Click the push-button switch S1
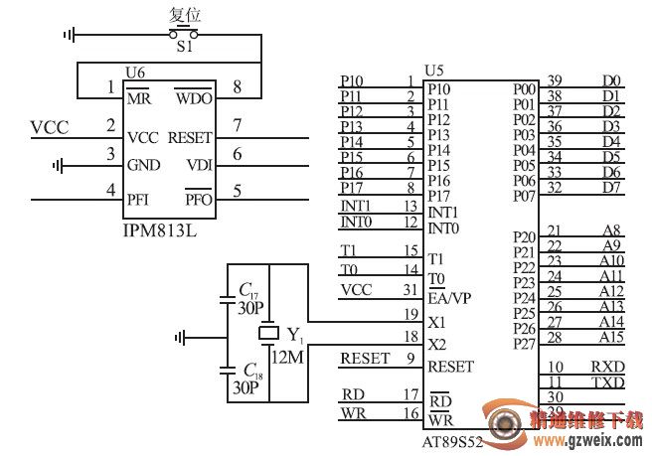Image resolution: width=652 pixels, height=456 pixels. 183,33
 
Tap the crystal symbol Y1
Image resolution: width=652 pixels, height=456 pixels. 269,333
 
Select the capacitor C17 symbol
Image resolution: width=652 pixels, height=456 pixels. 227,299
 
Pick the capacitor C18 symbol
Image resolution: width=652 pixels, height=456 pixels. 227,370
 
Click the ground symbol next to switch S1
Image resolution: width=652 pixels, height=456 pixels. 70,35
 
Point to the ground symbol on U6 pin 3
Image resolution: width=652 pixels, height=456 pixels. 58,166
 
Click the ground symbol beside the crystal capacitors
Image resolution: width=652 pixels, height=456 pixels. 181,338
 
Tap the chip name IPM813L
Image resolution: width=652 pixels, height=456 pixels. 160,230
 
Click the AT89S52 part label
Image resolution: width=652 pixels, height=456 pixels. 452,442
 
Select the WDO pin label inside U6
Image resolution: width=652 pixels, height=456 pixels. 194,97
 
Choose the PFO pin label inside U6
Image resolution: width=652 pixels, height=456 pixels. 199,199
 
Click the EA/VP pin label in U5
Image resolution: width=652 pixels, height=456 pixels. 449,298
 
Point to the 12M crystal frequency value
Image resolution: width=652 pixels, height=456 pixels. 287,357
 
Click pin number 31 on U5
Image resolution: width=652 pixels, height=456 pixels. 410,289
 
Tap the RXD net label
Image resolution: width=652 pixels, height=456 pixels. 607,367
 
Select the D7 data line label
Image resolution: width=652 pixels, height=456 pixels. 611,188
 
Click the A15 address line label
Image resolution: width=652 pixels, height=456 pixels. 611,337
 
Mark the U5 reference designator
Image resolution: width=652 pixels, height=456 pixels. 433,72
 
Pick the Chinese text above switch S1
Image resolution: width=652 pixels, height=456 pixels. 185,15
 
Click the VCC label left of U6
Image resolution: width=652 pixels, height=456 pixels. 50,127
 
